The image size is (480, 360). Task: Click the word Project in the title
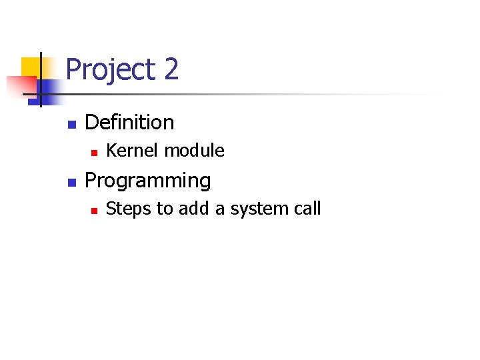[x=111, y=69]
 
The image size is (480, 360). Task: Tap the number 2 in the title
[x=171, y=69]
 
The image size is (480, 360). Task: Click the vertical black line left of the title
[x=41, y=79]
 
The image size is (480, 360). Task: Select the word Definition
[x=129, y=123]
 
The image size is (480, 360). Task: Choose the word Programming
[x=147, y=181]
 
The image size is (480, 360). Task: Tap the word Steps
[x=129, y=209]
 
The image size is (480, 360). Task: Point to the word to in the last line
[x=164, y=209]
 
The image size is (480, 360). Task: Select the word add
[x=193, y=209]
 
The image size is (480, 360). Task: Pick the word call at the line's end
[x=307, y=209]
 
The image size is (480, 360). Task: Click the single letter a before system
[x=220, y=210]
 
